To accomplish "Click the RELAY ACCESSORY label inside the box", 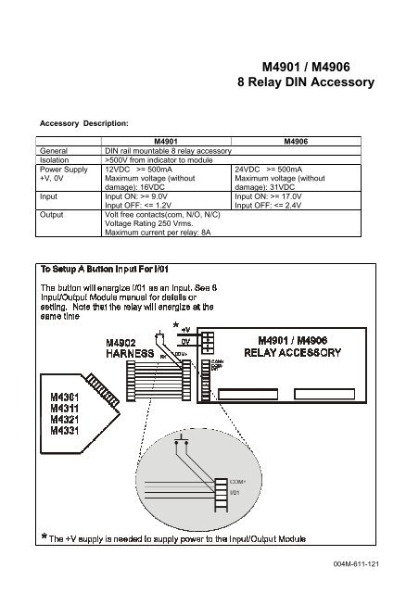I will pos(303,353).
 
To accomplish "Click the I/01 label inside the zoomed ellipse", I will pos(235,493).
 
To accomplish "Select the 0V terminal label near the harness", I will pos(185,340).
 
